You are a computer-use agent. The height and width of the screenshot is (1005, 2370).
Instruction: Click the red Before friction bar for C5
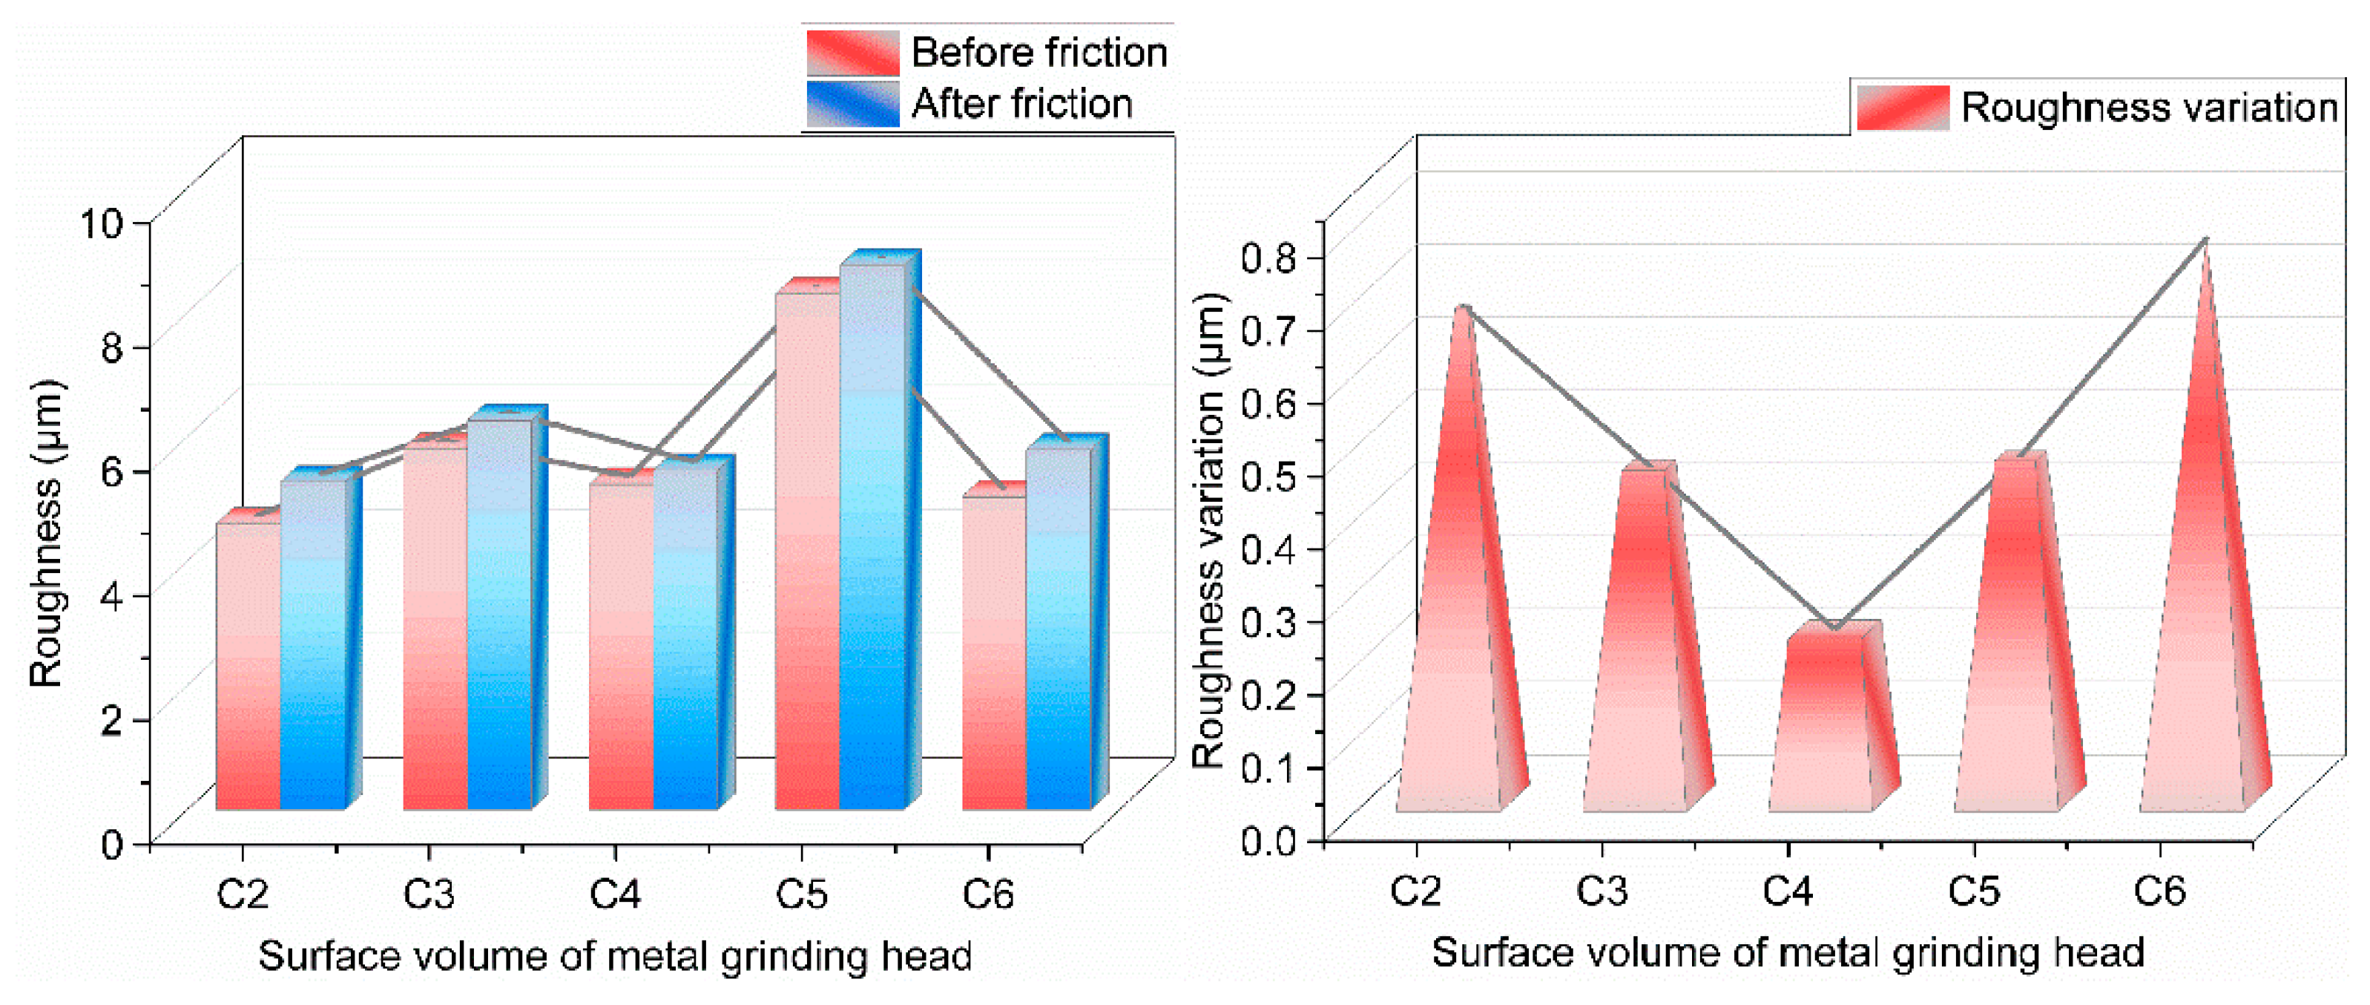point(807,552)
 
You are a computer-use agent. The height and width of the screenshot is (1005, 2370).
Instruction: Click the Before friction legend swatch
point(852,53)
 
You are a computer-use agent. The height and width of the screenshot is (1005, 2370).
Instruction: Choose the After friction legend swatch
point(852,104)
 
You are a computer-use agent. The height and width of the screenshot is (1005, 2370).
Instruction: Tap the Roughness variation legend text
point(2149,108)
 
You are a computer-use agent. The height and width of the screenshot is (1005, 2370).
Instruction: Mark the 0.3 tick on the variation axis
point(1268,621)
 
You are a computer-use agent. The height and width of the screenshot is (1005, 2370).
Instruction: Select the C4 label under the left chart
point(616,894)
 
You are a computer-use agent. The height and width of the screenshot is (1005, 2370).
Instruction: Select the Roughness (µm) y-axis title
point(46,534)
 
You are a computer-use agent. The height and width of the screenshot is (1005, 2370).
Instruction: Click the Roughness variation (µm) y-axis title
point(1210,531)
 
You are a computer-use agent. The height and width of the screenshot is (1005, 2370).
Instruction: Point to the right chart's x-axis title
point(1788,952)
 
